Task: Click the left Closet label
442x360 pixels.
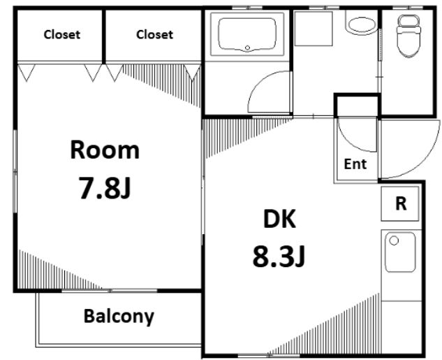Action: pyautogui.click(x=62, y=35)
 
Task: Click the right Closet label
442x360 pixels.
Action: pyautogui.click(x=154, y=35)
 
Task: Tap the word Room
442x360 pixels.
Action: pyautogui.click(x=105, y=150)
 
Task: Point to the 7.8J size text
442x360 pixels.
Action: pyautogui.click(x=105, y=188)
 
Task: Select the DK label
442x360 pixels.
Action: pyautogui.click(x=279, y=219)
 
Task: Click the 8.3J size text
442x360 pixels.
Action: pyautogui.click(x=279, y=257)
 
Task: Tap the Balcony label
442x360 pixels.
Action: pyautogui.click(x=119, y=316)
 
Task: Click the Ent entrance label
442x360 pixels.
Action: pyautogui.click(x=355, y=164)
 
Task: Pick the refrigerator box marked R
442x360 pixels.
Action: pyautogui.click(x=400, y=203)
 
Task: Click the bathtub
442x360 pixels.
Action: pyautogui.click(x=247, y=35)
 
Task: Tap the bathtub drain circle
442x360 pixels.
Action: pyautogui.click(x=247, y=48)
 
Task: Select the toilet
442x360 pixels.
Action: pyautogui.click(x=408, y=36)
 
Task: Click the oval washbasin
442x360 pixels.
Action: pyautogui.click(x=362, y=24)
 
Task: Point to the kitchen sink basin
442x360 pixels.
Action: pyautogui.click(x=400, y=252)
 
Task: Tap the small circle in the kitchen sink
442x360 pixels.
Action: pyautogui.click(x=394, y=240)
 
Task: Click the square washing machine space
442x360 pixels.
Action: pyautogui.click(x=314, y=28)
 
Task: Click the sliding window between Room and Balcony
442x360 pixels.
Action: pyautogui.click(x=110, y=290)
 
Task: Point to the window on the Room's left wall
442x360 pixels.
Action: pyautogui.click(x=15, y=171)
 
